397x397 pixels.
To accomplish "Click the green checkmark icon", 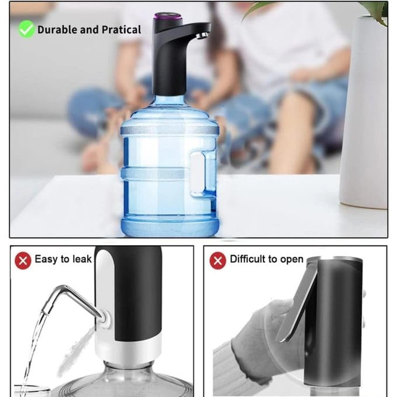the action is coord(26,29).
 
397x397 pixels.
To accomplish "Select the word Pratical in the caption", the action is coord(121,29).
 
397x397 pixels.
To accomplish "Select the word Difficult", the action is coord(246,259).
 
